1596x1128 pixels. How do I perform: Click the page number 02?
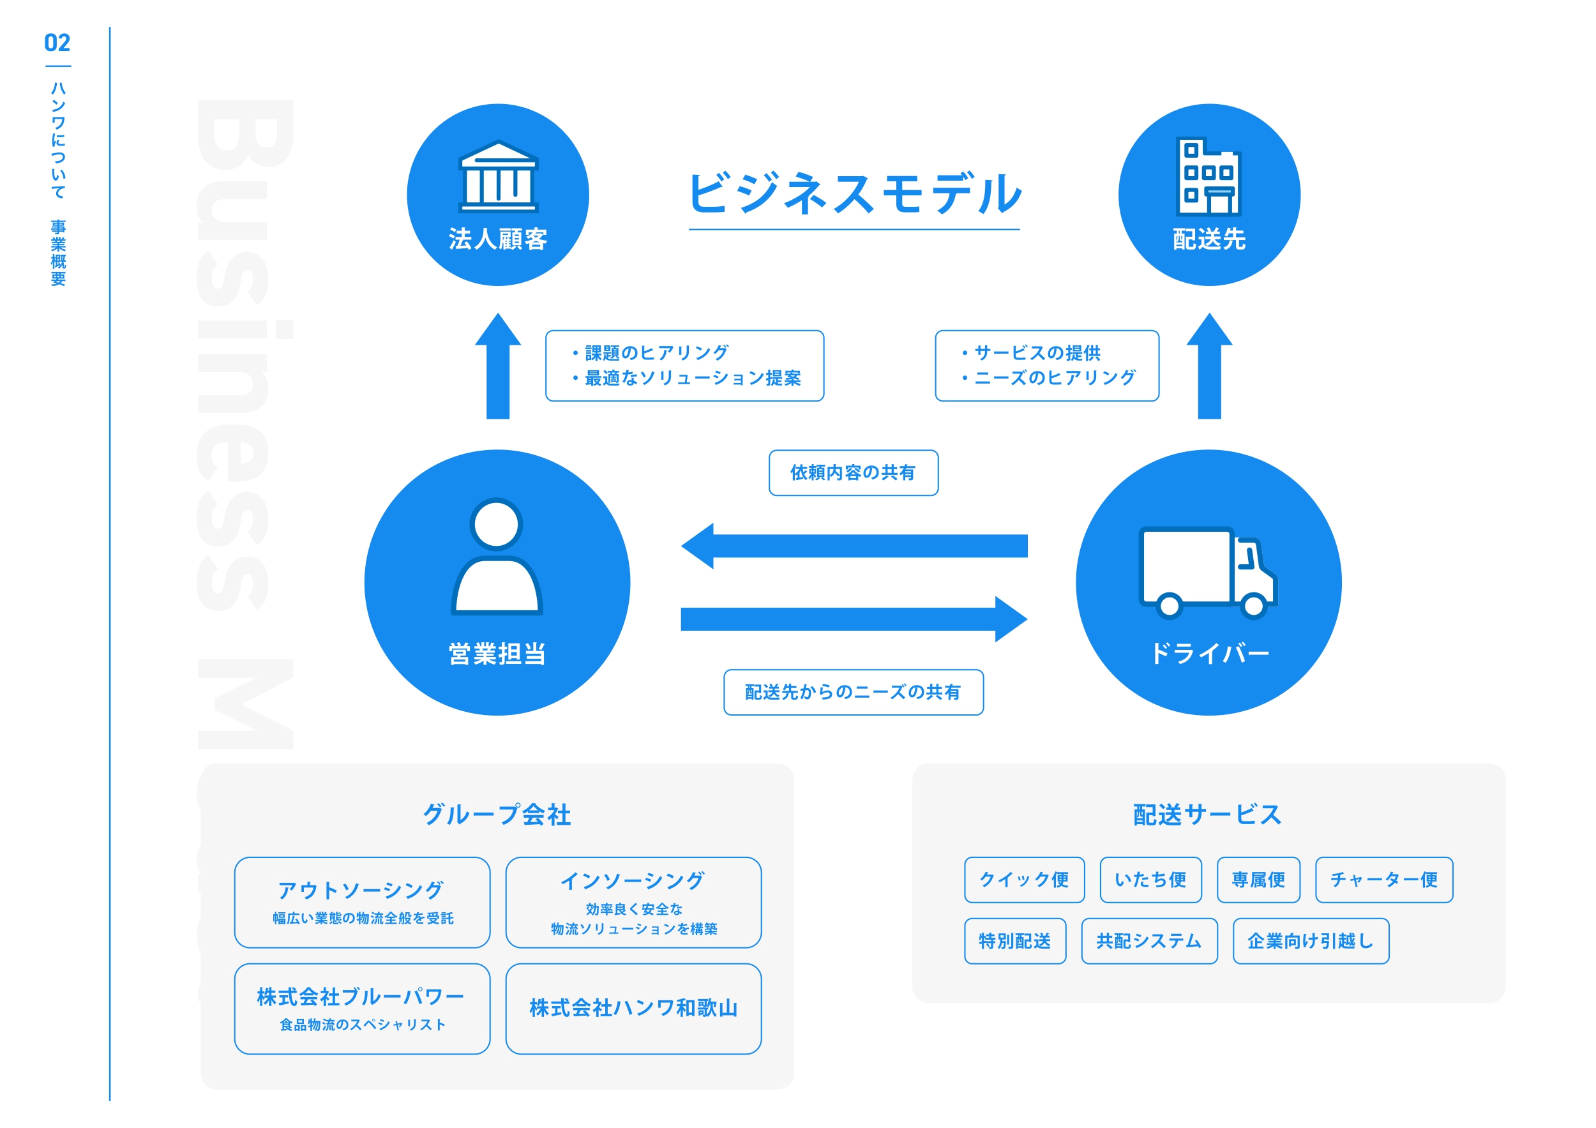tap(57, 43)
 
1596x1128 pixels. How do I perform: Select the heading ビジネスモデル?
tap(854, 193)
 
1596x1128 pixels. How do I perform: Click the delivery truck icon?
tap(1207, 571)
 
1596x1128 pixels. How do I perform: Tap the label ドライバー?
tap(1209, 653)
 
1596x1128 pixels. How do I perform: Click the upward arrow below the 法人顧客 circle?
tap(498, 366)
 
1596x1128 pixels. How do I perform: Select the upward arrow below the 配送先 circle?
tap(1209, 366)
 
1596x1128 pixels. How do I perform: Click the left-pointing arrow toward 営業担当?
tap(854, 546)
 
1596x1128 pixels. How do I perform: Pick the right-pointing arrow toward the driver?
tap(854, 619)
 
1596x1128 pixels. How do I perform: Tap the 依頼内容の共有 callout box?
tap(853, 472)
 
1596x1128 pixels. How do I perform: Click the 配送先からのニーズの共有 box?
tap(853, 692)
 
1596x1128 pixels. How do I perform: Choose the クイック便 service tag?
tap(1024, 880)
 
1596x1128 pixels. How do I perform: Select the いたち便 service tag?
tap(1150, 880)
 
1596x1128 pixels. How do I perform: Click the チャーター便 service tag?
tap(1383, 880)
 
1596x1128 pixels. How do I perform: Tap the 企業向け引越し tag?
tap(1310, 941)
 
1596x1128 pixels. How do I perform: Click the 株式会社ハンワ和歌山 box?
tap(633, 1009)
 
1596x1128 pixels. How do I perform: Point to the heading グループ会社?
tap(497, 815)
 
